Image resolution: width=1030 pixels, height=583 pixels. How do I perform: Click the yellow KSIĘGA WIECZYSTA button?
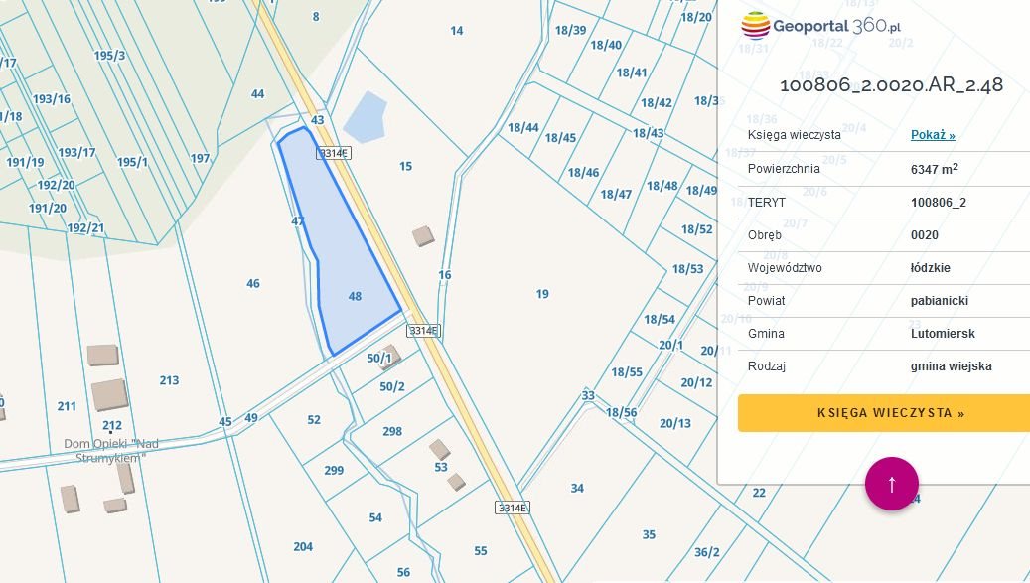coord(884,413)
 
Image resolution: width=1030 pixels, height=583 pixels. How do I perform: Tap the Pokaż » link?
coord(933,135)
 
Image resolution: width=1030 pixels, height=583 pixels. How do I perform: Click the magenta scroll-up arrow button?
coord(892,484)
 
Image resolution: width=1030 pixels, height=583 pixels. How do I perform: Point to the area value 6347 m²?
coord(935,169)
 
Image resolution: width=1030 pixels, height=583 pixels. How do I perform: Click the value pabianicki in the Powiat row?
coord(939,301)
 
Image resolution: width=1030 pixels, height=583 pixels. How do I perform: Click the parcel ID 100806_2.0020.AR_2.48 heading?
coord(891,85)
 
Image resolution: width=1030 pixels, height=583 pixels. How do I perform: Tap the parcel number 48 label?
coord(356,296)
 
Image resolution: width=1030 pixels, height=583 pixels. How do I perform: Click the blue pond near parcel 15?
coord(365,117)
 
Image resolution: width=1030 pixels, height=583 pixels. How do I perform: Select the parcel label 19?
coord(542,294)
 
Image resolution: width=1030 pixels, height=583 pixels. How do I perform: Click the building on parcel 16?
coord(424,235)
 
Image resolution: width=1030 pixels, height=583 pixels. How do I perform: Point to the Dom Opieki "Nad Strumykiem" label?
coord(111,450)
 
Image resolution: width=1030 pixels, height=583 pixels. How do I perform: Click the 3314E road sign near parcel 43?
coord(334,153)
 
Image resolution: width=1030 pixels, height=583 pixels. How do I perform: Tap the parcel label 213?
coord(169,380)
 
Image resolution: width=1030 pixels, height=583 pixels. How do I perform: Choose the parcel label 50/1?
coord(378,359)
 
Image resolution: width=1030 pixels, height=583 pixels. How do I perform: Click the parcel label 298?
coord(392,431)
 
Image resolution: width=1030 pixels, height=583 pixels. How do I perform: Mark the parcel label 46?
coord(253,284)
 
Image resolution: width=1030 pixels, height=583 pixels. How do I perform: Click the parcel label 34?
coord(577,488)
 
